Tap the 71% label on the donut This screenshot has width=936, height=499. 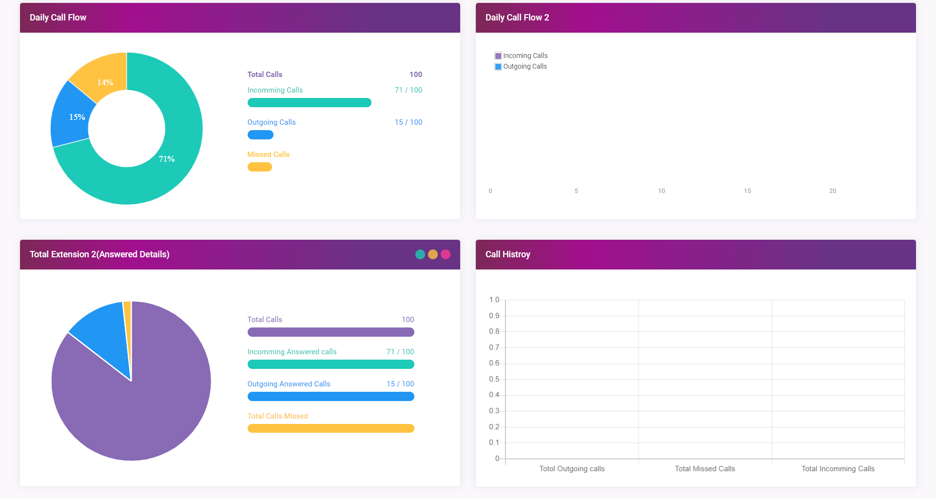[x=167, y=159]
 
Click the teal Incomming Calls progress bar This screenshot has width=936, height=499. [x=309, y=102]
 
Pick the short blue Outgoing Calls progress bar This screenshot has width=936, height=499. [x=260, y=134]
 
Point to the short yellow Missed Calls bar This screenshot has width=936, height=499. [x=259, y=167]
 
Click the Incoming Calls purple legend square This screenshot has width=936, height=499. [x=498, y=56]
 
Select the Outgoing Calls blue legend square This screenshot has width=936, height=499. [x=498, y=67]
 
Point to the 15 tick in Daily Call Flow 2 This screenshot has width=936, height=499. [x=747, y=191]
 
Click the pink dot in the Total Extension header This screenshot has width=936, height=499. [x=446, y=254]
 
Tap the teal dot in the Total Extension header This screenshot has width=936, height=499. [x=420, y=254]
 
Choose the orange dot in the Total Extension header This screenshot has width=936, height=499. [x=433, y=254]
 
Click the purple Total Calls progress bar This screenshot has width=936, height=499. [x=331, y=332]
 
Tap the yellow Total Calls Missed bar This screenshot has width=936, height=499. [x=331, y=428]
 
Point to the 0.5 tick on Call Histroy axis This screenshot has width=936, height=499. [x=494, y=379]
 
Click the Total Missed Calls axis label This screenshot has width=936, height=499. [x=704, y=469]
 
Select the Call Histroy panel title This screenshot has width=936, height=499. [x=507, y=254]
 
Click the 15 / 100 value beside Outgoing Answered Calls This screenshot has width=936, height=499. [x=400, y=384]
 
